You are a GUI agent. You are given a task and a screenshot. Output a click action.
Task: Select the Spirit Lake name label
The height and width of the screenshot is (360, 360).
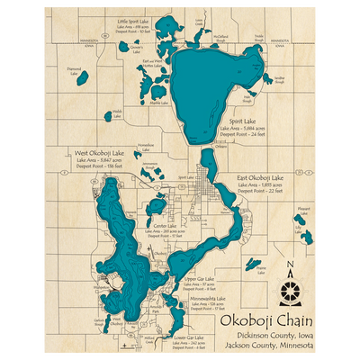coord(242,120)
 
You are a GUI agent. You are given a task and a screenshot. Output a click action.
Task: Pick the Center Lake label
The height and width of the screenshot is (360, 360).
coord(164,224)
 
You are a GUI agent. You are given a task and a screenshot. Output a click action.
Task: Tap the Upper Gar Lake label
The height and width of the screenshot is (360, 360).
coord(198,279)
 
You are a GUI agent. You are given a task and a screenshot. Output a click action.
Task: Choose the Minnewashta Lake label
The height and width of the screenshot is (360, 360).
coord(209,297)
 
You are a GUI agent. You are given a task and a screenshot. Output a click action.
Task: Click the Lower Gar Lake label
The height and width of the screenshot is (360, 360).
coord(186,337)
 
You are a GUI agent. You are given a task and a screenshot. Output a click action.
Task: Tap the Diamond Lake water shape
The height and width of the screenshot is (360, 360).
coord(82,79)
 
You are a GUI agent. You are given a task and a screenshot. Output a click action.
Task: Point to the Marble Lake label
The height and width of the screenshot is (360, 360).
coord(158,103)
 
